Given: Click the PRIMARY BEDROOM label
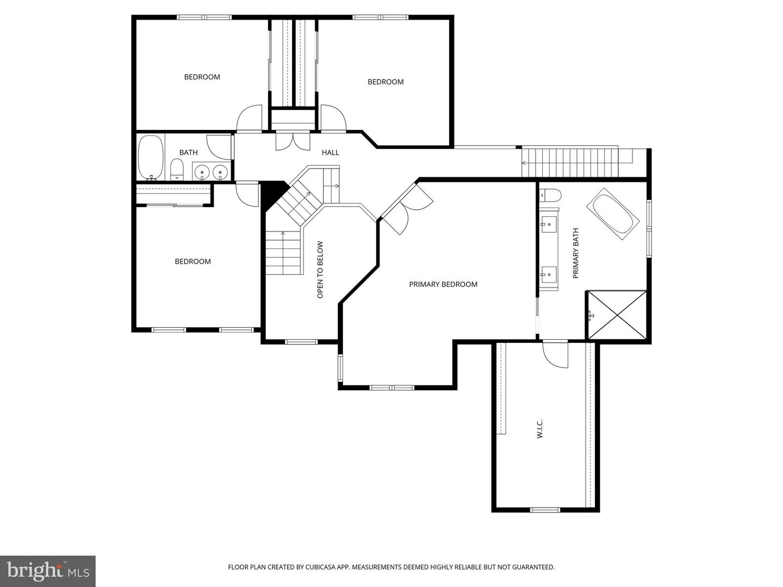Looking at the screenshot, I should tap(443, 284).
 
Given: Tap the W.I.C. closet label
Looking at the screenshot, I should tap(540, 429).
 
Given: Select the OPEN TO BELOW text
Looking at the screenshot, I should tap(320, 270).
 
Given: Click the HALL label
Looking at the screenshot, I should tap(330, 153).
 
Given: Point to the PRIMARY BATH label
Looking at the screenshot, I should tap(576, 253).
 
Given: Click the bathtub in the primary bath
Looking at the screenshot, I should tap(613, 214).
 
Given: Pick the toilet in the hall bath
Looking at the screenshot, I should tap(177, 170).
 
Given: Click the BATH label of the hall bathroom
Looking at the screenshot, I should tap(189, 153).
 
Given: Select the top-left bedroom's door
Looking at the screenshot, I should tap(249, 118).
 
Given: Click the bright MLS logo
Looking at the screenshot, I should tap(48, 571).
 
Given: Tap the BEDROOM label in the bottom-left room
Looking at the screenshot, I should tap(192, 261).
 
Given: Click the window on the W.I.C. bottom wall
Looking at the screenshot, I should tap(545, 510).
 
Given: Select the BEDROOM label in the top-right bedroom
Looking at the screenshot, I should tap(386, 82).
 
